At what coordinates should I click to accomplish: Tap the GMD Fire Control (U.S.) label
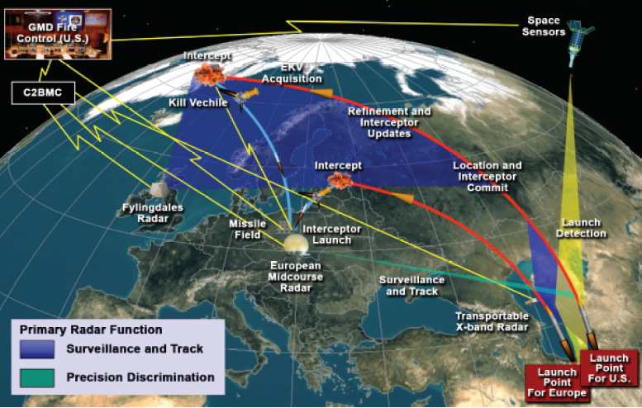56,32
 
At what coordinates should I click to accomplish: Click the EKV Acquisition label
292,73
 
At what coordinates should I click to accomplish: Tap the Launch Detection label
583,228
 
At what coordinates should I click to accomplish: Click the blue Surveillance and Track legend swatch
37,349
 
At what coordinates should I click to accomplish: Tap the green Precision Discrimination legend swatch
37,377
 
